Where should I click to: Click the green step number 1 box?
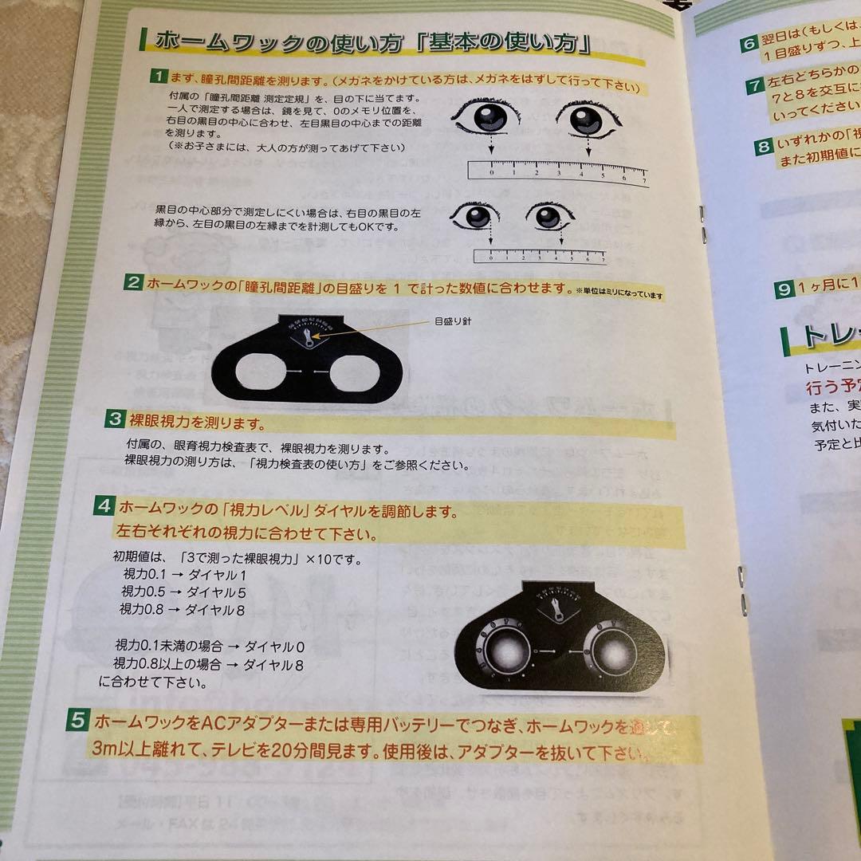point(159,77)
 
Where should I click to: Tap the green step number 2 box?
point(133,282)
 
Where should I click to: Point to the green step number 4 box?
point(104,505)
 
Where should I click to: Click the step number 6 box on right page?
point(749,44)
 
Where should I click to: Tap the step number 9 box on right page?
point(784,289)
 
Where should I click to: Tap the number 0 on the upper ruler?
point(492,171)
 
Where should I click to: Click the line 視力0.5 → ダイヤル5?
point(183,592)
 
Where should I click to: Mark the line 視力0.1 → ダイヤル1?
point(183,575)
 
